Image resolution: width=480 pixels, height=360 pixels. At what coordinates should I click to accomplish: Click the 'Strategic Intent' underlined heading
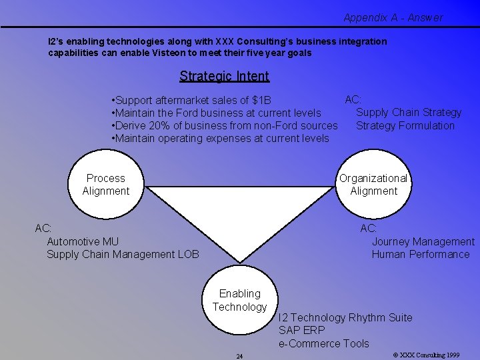point(224,76)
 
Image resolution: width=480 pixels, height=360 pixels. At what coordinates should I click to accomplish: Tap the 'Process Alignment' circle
point(105,185)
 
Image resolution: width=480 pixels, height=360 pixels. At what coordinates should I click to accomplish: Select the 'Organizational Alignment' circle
point(373,185)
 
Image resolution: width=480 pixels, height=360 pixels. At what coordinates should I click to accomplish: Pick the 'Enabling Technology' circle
point(240,300)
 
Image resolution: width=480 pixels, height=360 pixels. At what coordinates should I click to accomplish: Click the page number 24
point(239,356)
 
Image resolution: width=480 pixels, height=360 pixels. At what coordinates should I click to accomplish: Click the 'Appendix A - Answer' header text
point(393,18)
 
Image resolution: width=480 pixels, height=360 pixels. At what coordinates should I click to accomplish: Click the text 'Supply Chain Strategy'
point(409,113)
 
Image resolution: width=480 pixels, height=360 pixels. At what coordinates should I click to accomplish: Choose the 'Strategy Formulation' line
point(405,126)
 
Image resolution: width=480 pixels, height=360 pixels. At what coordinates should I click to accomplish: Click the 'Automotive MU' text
point(82,241)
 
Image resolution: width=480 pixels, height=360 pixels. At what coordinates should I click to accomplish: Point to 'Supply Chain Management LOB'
point(123,254)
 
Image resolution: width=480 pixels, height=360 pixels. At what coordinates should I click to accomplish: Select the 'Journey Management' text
point(423,241)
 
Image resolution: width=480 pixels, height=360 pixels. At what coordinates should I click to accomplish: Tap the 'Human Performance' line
point(421,254)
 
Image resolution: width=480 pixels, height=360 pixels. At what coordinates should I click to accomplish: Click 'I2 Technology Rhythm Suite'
point(345,318)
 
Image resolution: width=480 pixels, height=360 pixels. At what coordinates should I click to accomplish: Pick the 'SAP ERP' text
point(302,331)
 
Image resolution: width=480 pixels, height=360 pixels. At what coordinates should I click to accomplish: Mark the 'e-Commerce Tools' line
point(323,343)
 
